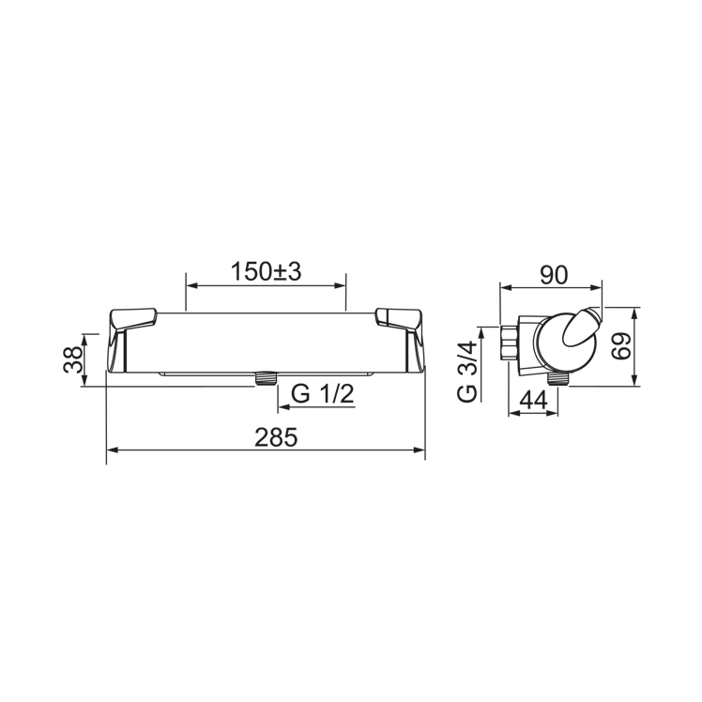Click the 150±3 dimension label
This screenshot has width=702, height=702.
[266, 271]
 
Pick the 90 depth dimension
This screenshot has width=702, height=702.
[555, 274]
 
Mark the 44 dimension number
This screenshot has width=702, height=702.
[533, 400]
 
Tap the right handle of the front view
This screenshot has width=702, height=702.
[400, 319]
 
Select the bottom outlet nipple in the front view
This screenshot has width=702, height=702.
[267, 379]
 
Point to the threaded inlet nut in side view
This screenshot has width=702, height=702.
[510, 344]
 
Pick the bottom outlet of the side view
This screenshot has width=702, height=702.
[560, 378]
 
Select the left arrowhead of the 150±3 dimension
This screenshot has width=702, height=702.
[191, 285]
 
